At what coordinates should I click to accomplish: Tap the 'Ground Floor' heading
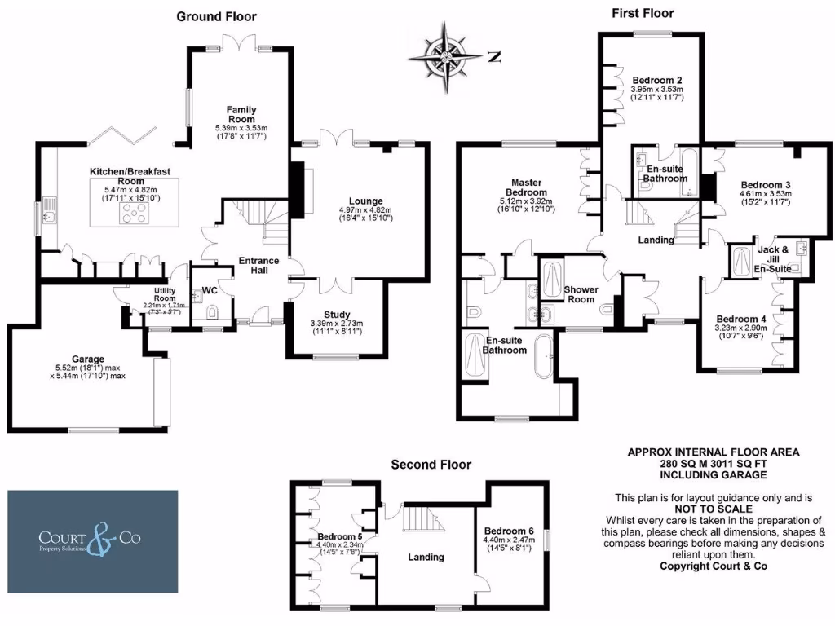click(216, 16)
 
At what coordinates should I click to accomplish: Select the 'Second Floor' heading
click(431, 465)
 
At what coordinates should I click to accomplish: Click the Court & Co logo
click(93, 541)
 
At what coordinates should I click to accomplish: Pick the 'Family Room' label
click(241, 115)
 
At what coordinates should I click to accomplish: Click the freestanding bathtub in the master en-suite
click(544, 356)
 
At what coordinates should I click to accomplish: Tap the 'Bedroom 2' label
click(656, 80)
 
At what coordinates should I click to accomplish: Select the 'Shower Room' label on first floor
click(581, 294)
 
